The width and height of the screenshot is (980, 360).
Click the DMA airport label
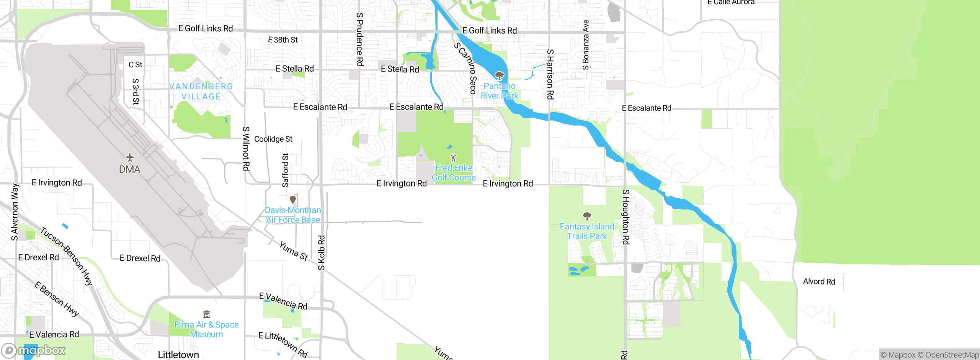click(129, 169)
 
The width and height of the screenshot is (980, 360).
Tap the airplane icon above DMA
click(130, 157)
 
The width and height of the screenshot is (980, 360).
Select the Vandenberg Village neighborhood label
click(201, 92)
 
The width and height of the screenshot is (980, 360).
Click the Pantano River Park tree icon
click(499, 75)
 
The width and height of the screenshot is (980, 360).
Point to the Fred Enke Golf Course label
click(454, 173)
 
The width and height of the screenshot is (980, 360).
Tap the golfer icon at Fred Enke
click(453, 157)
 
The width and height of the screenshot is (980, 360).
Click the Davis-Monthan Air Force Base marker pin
click(293, 200)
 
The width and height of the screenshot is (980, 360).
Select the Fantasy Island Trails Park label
click(587, 231)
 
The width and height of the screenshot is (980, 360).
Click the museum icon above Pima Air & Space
click(206, 314)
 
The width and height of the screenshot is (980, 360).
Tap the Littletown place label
click(178, 355)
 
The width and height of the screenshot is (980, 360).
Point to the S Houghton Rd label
click(626, 217)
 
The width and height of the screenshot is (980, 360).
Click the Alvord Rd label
click(819, 281)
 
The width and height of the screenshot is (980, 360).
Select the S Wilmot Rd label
click(246, 149)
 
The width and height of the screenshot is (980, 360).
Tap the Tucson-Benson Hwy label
click(67, 256)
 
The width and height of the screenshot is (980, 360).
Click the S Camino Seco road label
click(465, 69)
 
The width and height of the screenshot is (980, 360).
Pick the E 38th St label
click(283, 40)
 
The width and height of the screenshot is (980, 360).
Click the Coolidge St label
click(273, 139)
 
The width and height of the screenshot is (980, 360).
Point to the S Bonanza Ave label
click(586, 45)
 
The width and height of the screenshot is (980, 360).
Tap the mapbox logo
click(34, 350)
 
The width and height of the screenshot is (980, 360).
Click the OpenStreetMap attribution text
click(952, 355)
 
